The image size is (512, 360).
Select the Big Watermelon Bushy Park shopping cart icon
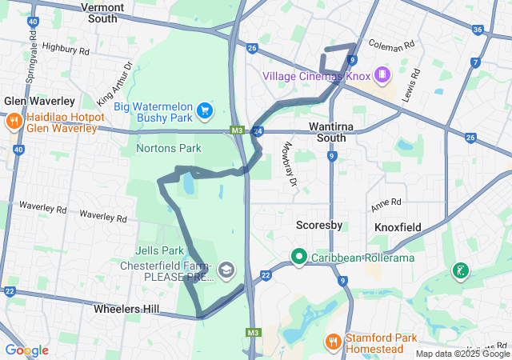(x=205, y=109)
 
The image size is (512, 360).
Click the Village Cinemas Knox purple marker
(x=383, y=75)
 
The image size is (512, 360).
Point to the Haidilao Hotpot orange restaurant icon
(x=14, y=122)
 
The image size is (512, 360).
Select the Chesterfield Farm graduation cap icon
(x=226, y=270)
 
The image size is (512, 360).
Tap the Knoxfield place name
(x=398, y=227)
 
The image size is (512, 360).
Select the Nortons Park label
(x=169, y=148)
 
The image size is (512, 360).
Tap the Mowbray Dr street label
(x=290, y=165)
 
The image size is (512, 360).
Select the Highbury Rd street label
(x=66, y=49)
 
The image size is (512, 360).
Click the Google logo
(x=26, y=350)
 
